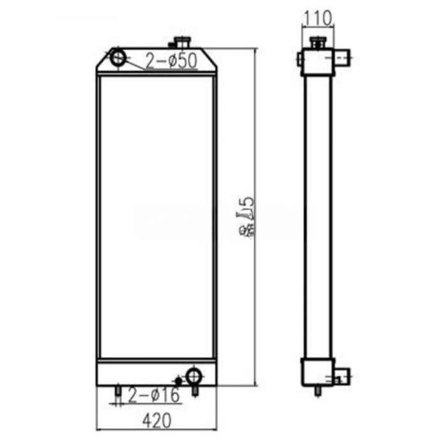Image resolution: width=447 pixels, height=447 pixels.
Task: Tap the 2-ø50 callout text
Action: pyautogui.click(x=170, y=61)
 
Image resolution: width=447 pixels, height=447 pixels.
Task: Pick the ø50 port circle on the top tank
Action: pyautogui.click(x=119, y=57)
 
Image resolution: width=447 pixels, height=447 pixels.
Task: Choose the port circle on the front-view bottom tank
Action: pyautogui.click(x=193, y=374)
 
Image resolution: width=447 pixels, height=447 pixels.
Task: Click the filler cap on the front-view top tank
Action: pyautogui.click(x=183, y=43)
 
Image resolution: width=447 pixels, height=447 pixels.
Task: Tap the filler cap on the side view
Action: pyautogui.click(x=317, y=43)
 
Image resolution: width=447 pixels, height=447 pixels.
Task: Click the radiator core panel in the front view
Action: pyautogui.click(x=156, y=217)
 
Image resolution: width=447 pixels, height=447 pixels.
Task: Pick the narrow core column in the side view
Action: pyautogui.click(x=317, y=217)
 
